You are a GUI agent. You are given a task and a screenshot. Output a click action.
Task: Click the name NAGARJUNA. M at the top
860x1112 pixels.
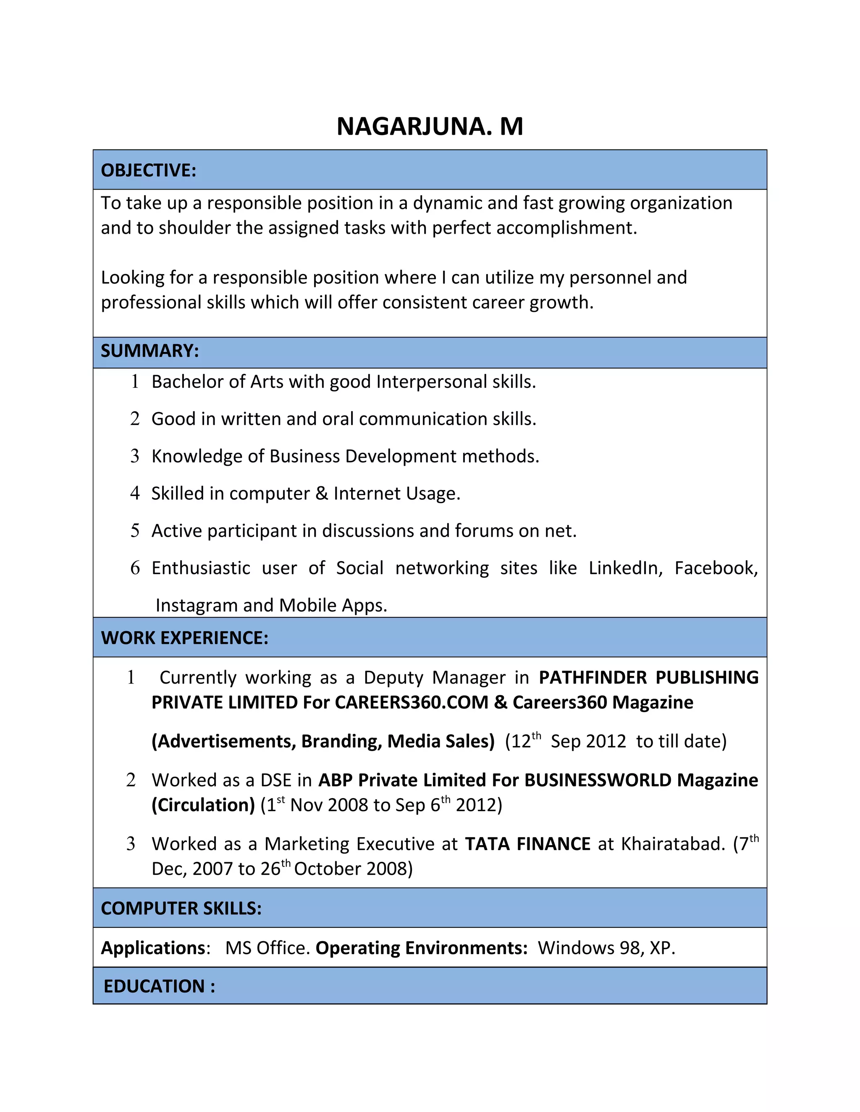click(430, 126)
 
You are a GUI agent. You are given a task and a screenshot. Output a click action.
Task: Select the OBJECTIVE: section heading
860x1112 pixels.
click(148, 170)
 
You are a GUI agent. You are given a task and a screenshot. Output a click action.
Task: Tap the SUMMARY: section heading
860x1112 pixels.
click(149, 351)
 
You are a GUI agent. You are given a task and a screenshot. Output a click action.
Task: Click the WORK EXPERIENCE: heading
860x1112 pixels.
click(184, 637)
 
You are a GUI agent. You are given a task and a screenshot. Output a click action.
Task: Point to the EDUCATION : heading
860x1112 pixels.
click(159, 986)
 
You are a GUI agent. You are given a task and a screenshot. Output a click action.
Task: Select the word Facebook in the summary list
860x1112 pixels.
click(715, 568)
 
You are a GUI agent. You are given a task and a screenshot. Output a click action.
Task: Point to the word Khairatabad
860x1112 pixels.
click(672, 844)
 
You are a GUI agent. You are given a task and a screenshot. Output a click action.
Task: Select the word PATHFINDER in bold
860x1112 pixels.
click(593, 677)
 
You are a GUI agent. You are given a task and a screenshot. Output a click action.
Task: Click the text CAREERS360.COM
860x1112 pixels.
click(412, 702)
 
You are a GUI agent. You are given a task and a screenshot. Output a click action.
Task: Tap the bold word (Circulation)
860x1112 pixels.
click(203, 804)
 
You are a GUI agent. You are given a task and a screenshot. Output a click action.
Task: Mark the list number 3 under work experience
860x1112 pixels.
click(131, 844)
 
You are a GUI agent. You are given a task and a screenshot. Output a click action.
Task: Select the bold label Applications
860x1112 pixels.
click(153, 948)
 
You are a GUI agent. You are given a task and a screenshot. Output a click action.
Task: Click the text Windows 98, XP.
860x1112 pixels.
click(606, 948)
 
